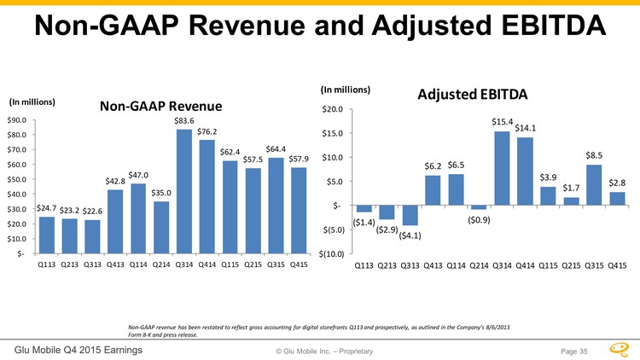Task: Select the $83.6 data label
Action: [184, 121]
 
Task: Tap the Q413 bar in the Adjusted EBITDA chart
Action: [433, 190]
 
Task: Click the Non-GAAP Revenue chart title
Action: [160, 106]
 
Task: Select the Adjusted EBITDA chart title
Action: [473, 92]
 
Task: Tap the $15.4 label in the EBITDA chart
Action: [503, 122]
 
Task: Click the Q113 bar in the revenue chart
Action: [47, 235]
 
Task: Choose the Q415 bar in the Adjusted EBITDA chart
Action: [618, 199]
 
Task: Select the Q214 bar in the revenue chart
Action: [160, 227]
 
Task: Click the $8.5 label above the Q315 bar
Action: [595, 155]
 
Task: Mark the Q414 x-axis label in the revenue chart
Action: [207, 264]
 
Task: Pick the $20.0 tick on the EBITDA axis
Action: [332, 109]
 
